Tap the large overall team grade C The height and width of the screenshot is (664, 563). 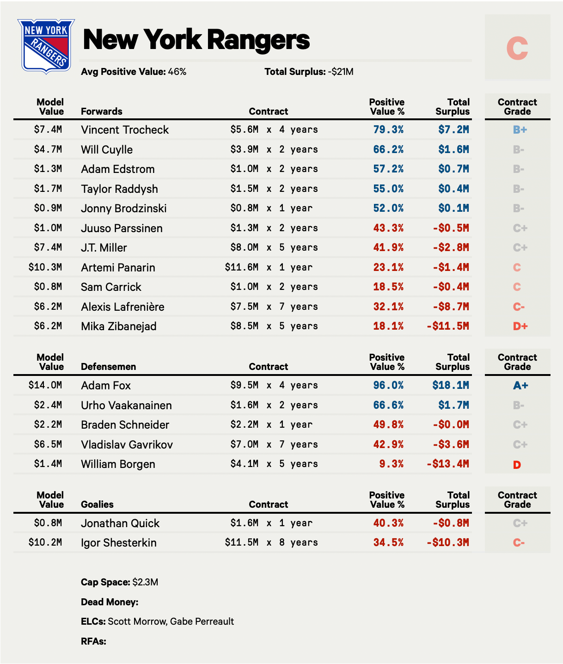(x=517, y=48)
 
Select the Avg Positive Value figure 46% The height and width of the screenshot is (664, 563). (x=177, y=72)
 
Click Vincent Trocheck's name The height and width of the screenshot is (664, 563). (x=125, y=130)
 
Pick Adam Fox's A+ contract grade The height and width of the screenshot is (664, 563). (x=520, y=386)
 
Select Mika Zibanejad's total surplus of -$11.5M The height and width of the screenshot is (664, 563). (x=447, y=326)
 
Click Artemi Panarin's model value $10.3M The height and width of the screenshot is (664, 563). (x=45, y=267)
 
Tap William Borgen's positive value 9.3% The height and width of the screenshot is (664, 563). (x=391, y=464)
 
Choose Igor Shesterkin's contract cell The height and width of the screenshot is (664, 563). (x=271, y=542)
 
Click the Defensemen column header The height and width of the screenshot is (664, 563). (x=108, y=367)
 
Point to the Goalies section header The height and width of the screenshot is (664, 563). (x=97, y=504)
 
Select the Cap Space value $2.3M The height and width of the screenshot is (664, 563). (x=145, y=582)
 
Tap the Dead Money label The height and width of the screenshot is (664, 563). (x=110, y=602)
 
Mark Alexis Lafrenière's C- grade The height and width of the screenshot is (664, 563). (x=519, y=307)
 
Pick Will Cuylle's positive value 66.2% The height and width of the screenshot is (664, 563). (x=388, y=149)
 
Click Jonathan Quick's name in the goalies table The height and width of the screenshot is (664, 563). (x=120, y=523)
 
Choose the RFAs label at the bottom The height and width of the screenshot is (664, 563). (x=93, y=641)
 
